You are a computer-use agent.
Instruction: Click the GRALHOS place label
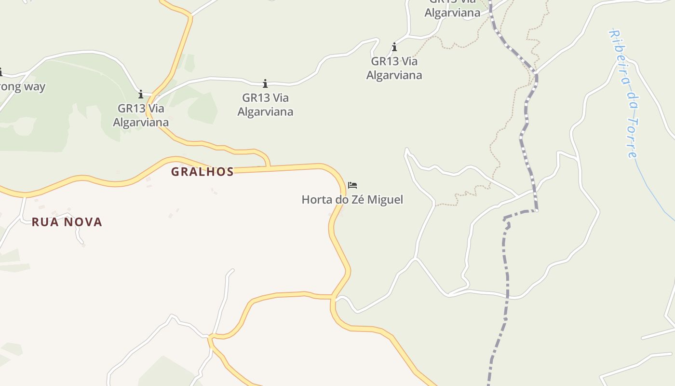202,172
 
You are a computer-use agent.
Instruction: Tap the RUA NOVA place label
67,222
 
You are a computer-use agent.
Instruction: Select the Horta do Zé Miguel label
352,199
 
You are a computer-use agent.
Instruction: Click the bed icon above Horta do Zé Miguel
352,185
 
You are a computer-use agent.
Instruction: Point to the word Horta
316,199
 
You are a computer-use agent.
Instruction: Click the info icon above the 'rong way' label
0,72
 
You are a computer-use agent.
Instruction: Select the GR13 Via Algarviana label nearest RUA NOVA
141,115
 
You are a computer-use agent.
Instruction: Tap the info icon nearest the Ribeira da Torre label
394,47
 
